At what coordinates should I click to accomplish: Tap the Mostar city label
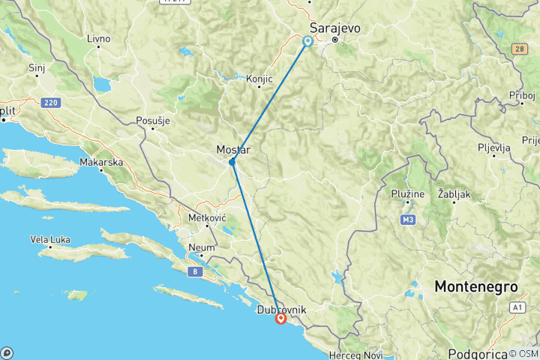232,150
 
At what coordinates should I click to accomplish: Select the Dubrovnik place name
281,308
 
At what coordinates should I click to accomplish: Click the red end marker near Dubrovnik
280,318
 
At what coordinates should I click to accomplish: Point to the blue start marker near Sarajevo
307,41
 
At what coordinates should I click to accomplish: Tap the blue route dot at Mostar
232,162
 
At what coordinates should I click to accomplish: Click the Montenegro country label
477,287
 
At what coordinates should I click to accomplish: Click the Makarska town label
102,162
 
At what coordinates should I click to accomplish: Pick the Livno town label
98,38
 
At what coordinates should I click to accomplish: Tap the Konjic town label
259,78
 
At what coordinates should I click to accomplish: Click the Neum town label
202,247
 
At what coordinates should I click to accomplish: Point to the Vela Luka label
50,240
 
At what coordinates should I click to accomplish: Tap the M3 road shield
408,220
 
